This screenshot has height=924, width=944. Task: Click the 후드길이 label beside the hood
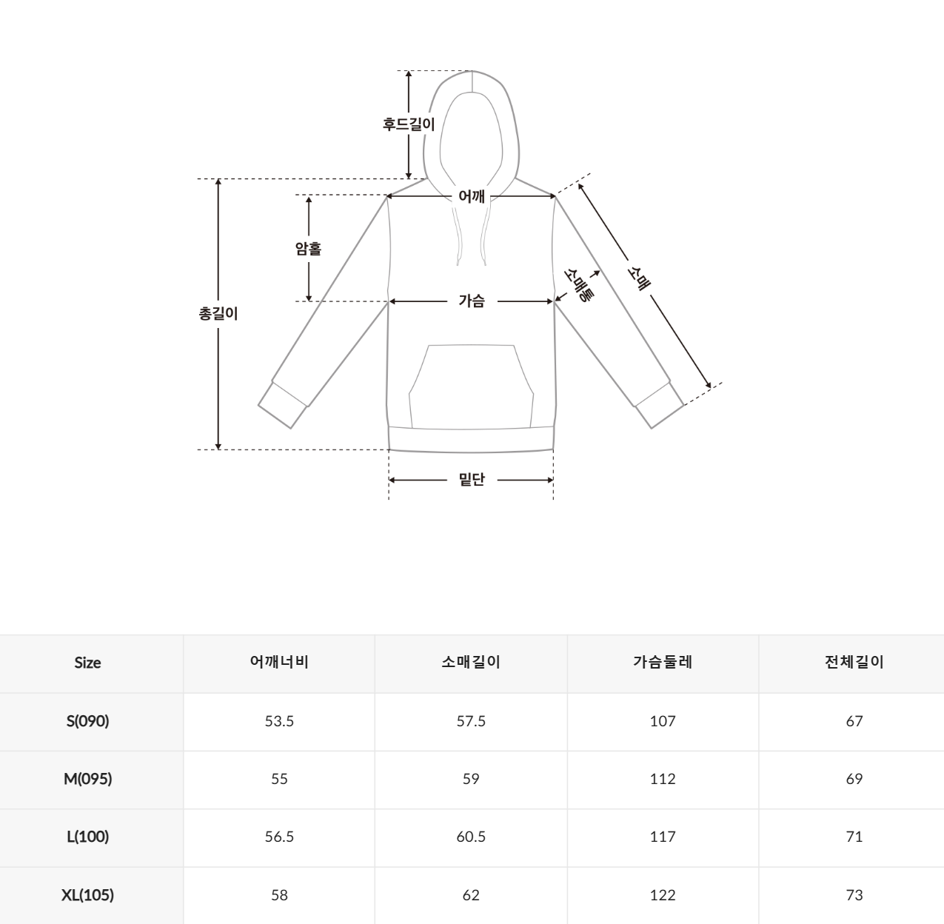pos(409,124)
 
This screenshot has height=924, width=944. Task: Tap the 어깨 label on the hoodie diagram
pos(472,196)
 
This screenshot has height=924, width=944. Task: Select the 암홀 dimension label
pos(308,249)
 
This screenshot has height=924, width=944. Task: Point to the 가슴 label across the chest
pos(472,301)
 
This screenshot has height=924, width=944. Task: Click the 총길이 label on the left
pos(218,313)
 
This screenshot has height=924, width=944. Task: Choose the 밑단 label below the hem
pos(472,480)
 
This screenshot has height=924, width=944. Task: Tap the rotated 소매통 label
pos(578,285)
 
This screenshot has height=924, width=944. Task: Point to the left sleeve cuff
pos(283,405)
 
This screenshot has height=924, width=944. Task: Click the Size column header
pos(87,663)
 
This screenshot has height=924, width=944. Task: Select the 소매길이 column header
pos(471,663)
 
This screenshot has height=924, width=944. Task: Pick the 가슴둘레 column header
pos(663,663)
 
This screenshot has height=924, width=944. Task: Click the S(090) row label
pos(87,721)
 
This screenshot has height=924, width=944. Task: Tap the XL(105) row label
pos(87,895)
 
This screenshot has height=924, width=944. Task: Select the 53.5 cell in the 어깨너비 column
pos(279,721)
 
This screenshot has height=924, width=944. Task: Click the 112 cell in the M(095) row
pos(663,779)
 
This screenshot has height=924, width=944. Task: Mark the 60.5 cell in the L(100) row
pos(471,837)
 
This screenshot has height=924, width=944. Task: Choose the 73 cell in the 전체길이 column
pos(854,895)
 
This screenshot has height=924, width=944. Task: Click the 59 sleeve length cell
pos(471,779)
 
